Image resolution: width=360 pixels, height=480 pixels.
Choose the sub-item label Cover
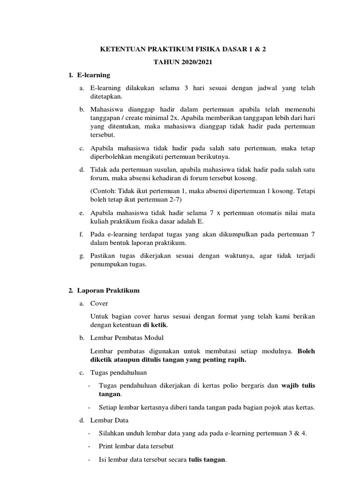tap(99, 303)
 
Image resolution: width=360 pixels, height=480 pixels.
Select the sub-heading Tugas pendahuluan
tap(119, 373)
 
